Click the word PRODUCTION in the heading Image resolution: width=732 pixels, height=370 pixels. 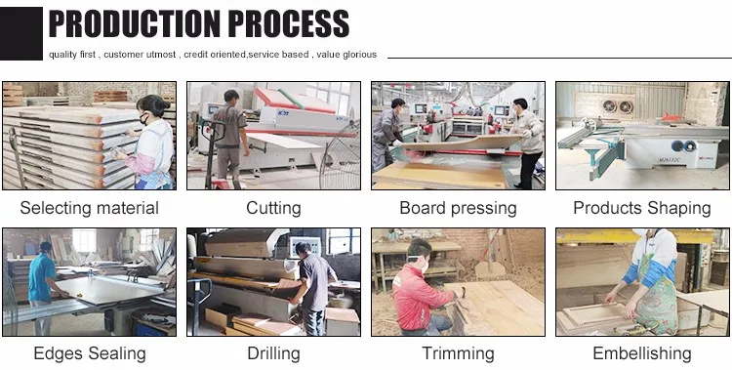point(134,23)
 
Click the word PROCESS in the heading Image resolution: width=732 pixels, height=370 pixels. point(289,23)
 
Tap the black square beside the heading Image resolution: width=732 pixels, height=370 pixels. point(21,33)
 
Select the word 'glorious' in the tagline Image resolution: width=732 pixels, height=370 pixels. point(359,55)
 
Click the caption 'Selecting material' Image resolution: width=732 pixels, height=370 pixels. point(89,208)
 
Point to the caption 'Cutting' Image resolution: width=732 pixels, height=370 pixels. point(273,208)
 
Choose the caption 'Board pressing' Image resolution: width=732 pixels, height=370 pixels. point(458,208)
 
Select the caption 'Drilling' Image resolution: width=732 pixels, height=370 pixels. point(273,353)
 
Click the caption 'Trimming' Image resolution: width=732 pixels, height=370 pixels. point(458,353)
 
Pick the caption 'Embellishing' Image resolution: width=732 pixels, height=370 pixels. point(642,353)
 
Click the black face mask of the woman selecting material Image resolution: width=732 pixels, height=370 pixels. point(144,120)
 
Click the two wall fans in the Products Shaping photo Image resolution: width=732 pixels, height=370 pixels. point(617,107)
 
